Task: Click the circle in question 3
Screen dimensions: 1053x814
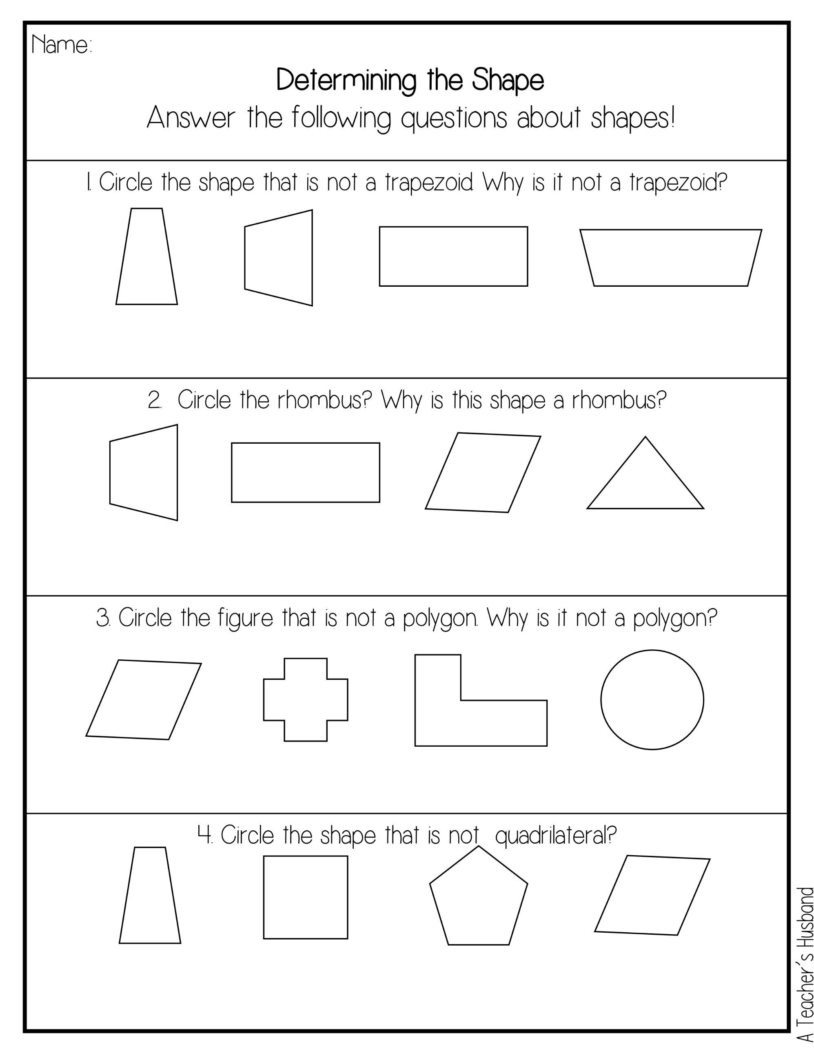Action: (652, 699)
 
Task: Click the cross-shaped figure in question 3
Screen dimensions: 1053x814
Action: (306, 699)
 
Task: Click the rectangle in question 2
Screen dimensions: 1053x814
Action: (306, 473)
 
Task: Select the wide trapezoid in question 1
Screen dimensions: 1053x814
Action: (671, 258)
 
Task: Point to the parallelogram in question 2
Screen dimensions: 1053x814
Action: (483, 473)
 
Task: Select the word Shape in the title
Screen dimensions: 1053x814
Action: (508, 80)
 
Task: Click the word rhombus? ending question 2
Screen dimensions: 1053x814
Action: (619, 400)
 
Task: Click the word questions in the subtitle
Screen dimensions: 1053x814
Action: (454, 119)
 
